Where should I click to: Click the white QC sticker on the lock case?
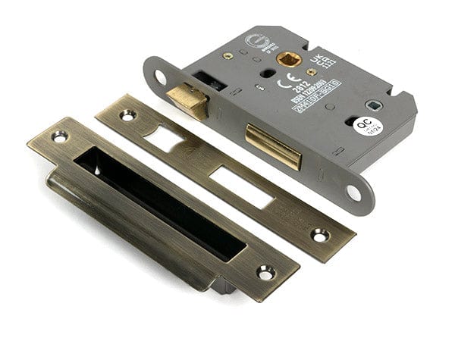click(368, 127)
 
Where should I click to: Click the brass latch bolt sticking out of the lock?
click(187, 101)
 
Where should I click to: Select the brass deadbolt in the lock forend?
click(273, 146)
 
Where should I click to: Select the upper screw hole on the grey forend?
click(160, 76)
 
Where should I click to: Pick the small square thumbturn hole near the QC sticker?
click(372, 105)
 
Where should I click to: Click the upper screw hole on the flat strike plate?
click(127, 115)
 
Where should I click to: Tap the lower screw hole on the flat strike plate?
click(319, 235)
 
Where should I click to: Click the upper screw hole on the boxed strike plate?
click(58, 136)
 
